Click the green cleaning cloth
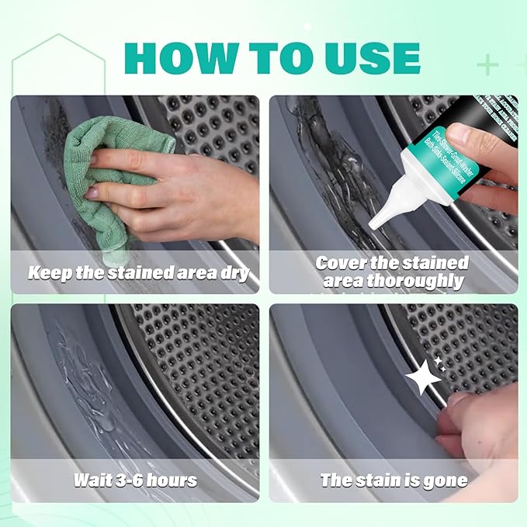coord(116,155)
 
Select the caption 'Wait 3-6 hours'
coord(134,480)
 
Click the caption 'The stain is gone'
coord(394,480)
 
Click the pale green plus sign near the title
coord(487,64)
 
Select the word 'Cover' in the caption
coord(342,262)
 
